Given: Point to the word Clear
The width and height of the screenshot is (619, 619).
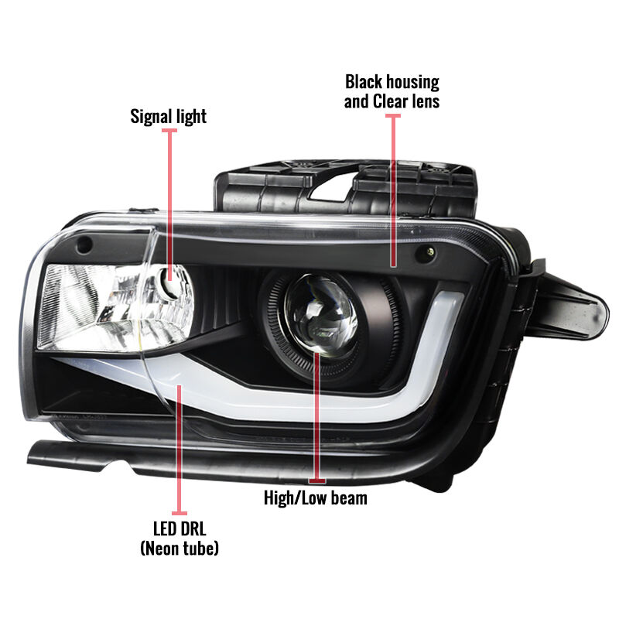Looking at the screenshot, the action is point(391,101).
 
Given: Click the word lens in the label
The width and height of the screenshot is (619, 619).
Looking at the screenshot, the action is point(426,101).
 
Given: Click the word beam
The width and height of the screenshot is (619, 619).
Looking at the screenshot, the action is point(349,498).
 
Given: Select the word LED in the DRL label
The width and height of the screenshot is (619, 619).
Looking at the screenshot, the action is point(164,528).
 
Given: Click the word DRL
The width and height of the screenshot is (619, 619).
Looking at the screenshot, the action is point(192,528).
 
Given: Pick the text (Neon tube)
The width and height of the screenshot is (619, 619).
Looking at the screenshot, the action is point(180,548).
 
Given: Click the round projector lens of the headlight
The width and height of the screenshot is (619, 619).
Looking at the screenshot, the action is point(320,314).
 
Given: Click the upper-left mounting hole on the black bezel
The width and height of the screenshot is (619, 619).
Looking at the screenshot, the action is point(84,245).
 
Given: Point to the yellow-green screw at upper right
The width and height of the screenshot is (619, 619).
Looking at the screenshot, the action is point(430,251).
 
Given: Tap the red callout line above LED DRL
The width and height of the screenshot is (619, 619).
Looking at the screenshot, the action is point(180,450).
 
